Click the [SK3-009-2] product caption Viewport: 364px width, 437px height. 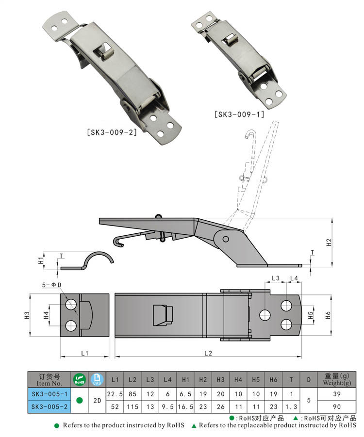[112, 132]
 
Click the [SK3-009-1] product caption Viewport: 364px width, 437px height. [239, 114]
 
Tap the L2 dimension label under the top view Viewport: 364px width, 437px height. [208, 353]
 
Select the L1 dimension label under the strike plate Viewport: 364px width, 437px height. [84, 353]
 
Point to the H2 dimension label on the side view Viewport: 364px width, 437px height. [329, 242]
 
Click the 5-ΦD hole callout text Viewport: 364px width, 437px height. [51, 285]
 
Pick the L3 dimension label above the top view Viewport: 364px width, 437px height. [275, 278]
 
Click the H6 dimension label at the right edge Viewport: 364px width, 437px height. [328, 315]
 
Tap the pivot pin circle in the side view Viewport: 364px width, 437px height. [226, 239]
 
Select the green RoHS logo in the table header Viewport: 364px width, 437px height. [80, 379]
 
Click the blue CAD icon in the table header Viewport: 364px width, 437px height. [97, 379]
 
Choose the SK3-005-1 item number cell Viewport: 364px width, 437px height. [50, 394]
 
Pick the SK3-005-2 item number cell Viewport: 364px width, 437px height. [50, 406]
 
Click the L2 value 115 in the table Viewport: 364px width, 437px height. [132, 406]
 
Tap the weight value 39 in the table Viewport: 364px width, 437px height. [337, 394]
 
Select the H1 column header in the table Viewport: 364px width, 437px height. [185, 380]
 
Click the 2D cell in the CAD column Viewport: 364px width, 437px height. [97, 400]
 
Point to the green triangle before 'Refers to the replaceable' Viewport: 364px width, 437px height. [194, 425]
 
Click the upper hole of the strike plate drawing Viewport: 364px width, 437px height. [71, 304]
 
